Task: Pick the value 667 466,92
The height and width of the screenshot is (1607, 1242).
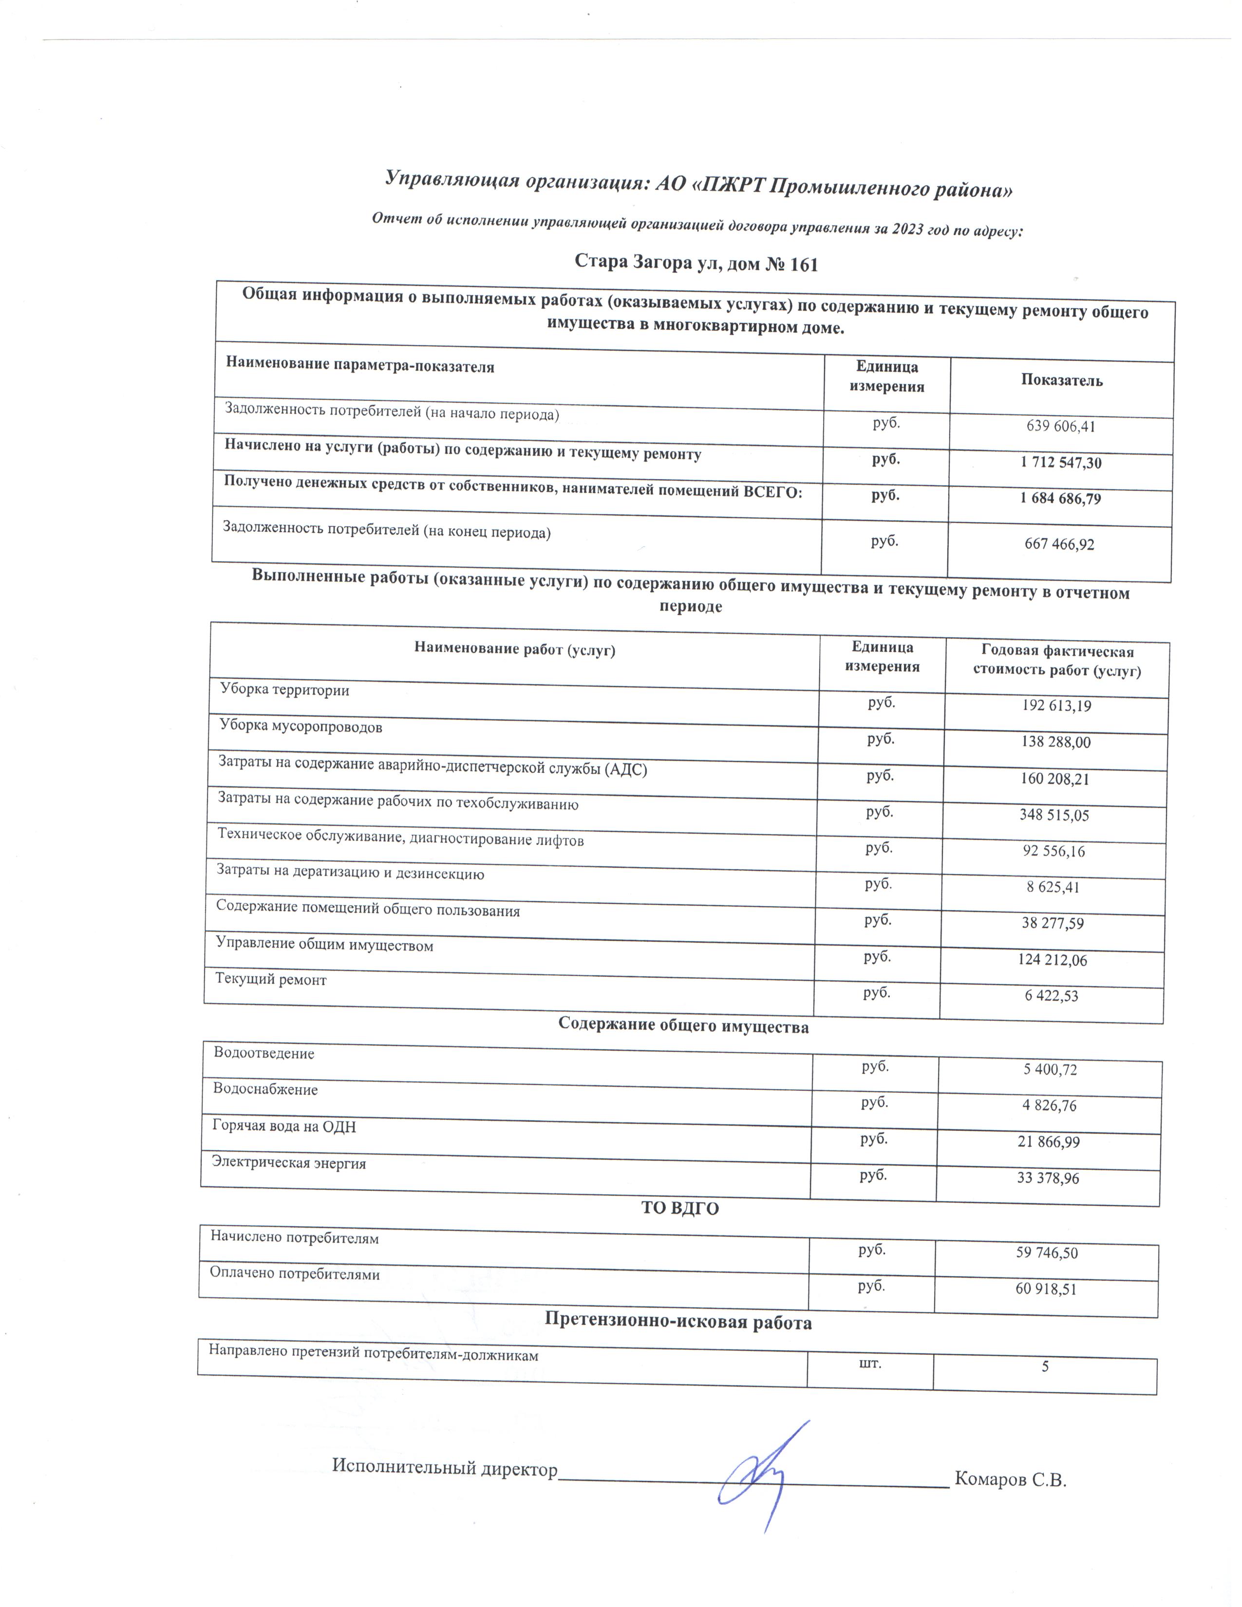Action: tap(1059, 544)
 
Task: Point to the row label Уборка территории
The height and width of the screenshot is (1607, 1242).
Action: tap(285, 690)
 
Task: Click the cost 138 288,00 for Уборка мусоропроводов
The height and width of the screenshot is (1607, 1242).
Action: tap(1055, 742)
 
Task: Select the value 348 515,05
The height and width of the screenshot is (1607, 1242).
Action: tap(1054, 815)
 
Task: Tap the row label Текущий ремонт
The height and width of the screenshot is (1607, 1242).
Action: tap(271, 979)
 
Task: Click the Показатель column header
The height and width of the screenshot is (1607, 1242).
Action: tap(1061, 380)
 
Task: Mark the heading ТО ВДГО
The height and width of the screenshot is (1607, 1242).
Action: tap(680, 1208)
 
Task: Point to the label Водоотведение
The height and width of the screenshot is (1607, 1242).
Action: tap(263, 1053)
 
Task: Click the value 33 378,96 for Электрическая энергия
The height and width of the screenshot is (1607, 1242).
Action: tap(1048, 1178)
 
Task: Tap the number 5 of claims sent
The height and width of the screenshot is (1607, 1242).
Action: tap(1044, 1367)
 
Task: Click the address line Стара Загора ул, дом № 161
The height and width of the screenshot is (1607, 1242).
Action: tap(696, 263)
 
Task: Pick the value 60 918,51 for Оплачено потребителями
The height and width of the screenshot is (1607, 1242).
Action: tap(1046, 1289)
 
